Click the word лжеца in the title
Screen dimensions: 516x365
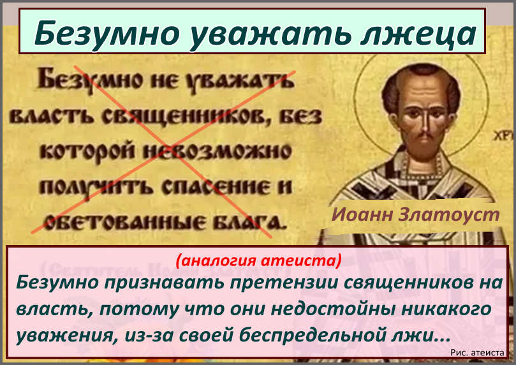418,33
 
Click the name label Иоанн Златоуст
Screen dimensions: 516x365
416,214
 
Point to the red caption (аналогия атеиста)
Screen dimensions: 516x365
258,260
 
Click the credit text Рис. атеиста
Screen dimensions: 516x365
477,353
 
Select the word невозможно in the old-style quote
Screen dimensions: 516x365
217,153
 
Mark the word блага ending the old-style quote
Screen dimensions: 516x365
247,222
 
